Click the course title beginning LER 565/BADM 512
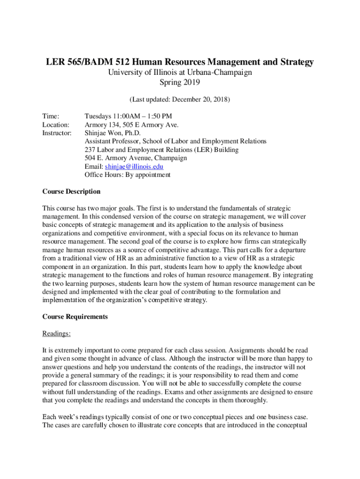point(180,62)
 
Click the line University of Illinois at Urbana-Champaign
point(180,73)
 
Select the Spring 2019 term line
point(180,83)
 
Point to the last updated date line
point(180,100)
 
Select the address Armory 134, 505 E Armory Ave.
point(131,124)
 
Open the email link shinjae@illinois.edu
point(134,167)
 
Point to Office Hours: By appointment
point(127,175)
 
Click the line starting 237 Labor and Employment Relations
point(161,150)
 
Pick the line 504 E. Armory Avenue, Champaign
point(136,158)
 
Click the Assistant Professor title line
point(175,141)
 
